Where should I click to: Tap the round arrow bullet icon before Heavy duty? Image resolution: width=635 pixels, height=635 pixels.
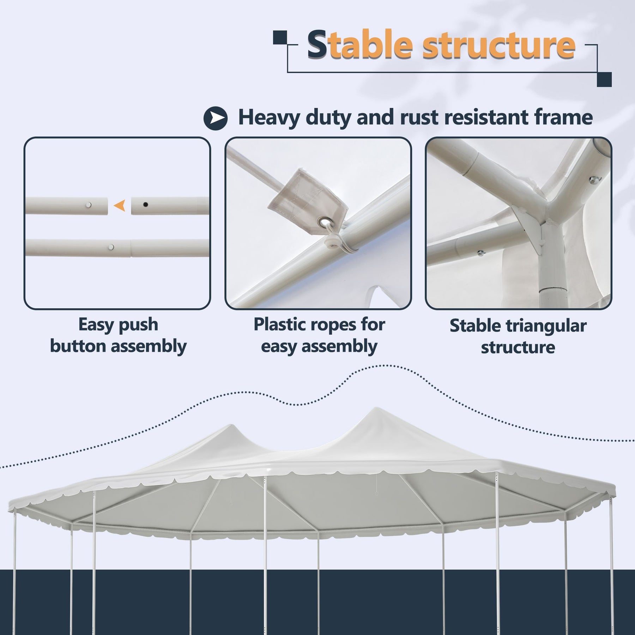coord(216,118)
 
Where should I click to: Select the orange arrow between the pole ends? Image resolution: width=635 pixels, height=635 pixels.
coord(120,205)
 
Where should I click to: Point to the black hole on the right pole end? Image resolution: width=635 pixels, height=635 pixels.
coord(145,204)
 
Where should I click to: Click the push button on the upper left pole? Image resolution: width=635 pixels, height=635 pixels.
coord(89,204)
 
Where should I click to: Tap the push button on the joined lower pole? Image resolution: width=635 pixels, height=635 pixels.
coord(111,247)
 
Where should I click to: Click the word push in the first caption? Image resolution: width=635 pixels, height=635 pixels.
coord(138,325)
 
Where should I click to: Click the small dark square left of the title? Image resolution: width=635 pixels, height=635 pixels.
coord(280,37)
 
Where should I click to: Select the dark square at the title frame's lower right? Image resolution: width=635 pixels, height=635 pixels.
coord(604,79)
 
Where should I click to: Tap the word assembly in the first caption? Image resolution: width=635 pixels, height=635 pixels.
coord(149,346)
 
